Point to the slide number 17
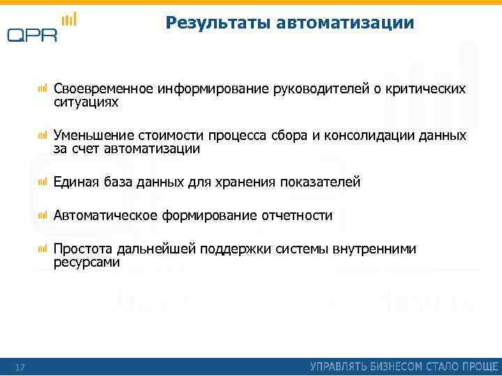[x=20, y=366]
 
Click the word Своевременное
[x=104, y=90]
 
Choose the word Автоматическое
[x=106, y=215]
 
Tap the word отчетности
[x=297, y=215]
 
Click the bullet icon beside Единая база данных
[x=43, y=181]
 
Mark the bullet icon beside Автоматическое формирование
[x=43, y=214]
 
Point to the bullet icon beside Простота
[x=43, y=248]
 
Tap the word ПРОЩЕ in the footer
[x=478, y=366]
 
